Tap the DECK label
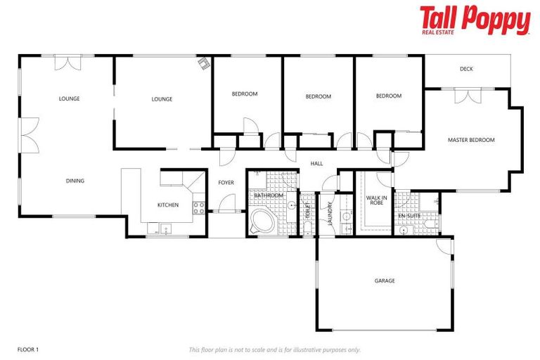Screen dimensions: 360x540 [465, 69]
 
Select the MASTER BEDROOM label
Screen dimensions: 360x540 [471, 140]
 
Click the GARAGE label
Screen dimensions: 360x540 [384, 281]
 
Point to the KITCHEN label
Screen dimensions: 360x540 [168, 205]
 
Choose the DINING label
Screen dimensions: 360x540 [75, 181]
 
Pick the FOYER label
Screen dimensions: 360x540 [226, 183]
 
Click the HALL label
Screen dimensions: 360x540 [316, 164]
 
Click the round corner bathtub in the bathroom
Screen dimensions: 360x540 [263, 220]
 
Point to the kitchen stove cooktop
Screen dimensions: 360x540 [199, 207]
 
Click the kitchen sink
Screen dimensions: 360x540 [166, 227]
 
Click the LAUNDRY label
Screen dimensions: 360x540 [329, 213]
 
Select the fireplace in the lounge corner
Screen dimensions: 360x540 [204, 64]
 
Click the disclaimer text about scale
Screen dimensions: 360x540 [274, 349]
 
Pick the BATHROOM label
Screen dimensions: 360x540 [268, 195]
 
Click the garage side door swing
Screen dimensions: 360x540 [442, 246]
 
